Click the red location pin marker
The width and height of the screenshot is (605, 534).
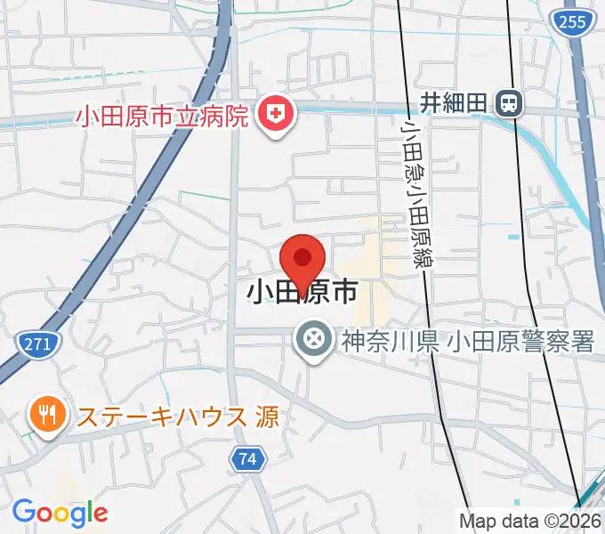click(x=302, y=261)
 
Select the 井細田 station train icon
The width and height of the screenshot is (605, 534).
click(x=509, y=104)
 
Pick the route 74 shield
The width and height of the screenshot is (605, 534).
click(x=249, y=459)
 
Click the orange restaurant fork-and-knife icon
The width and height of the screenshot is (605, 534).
click(x=43, y=415)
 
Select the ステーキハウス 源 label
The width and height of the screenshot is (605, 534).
click(x=177, y=416)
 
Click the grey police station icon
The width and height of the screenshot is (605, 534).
click(x=313, y=339)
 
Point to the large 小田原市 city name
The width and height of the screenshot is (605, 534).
click(x=302, y=293)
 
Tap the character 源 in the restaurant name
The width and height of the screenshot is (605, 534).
click(x=267, y=416)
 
